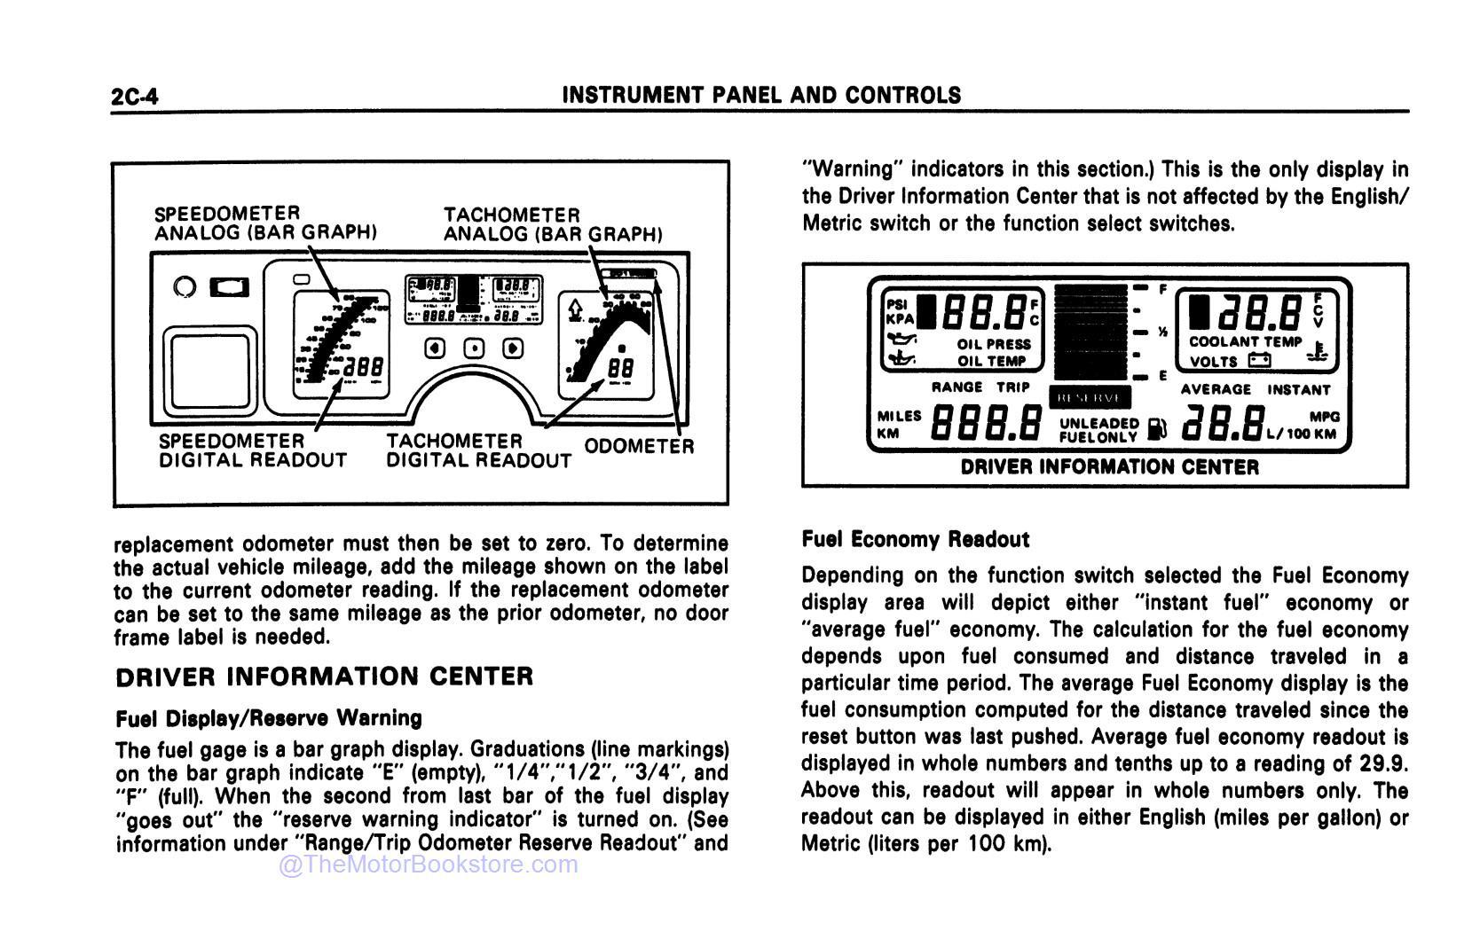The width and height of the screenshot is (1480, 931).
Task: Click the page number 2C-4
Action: point(135,96)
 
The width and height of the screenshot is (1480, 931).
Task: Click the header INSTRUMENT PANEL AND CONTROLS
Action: point(762,95)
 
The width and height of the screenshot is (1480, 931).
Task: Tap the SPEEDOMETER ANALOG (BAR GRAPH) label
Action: point(265,223)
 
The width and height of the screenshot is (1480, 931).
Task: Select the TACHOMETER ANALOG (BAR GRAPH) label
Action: point(553,224)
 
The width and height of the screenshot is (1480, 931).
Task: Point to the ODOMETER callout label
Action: point(639,446)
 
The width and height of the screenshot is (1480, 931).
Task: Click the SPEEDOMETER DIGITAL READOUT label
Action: point(252,450)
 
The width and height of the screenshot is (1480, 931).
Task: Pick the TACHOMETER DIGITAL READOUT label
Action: point(478,450)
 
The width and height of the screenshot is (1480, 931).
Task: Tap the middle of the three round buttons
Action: point(474,348)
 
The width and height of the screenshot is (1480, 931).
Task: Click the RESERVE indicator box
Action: point(1090,398)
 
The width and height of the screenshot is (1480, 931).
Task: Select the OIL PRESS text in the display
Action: point(994,344)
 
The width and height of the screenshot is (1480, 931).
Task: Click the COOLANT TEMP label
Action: point(1245,341)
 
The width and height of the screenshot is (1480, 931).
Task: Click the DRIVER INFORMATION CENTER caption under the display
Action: point(1109,467)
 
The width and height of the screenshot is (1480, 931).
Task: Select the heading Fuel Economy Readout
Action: point(915,539)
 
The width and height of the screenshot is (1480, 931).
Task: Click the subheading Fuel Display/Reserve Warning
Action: point(269,717)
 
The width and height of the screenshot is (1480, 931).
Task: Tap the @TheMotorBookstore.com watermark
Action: point(429,864)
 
